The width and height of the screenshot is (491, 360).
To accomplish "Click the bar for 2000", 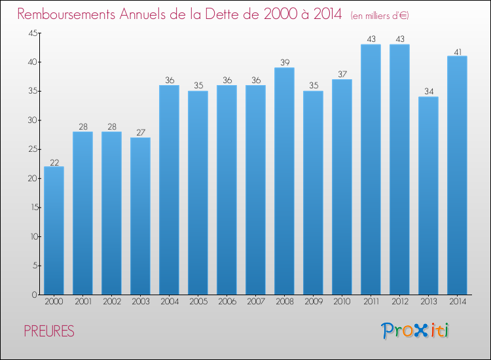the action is (54, 230).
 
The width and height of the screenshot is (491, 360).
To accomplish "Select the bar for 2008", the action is (284, 181).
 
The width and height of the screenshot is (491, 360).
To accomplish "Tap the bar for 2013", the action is (428, 196).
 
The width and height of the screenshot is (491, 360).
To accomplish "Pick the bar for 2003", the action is (140, 216).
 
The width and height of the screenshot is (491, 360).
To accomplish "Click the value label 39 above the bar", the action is (285, 62).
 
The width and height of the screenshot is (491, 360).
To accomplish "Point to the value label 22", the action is (54, 162).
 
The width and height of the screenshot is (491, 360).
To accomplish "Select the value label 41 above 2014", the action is (458, 52).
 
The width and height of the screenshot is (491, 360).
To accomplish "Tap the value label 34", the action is (429, 92).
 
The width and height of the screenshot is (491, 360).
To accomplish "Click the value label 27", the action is (141, 132).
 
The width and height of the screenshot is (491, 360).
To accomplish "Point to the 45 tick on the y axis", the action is (33, 33).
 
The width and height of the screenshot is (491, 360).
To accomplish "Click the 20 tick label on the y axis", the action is (33, 179).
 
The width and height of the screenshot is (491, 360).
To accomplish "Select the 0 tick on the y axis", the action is (35, 295).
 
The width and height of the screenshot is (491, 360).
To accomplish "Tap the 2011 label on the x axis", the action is (371, 301).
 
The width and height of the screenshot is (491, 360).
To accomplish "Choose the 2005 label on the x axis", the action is (198, 301).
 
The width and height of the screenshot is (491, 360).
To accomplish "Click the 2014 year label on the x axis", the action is (458, 301).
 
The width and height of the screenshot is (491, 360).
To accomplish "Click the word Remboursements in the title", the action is (66, 14).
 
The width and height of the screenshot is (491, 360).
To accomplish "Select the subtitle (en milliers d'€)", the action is (380, 15).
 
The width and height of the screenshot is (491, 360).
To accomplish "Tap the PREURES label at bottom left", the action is (49, 331).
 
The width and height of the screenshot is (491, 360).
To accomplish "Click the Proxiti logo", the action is (415, 331).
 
